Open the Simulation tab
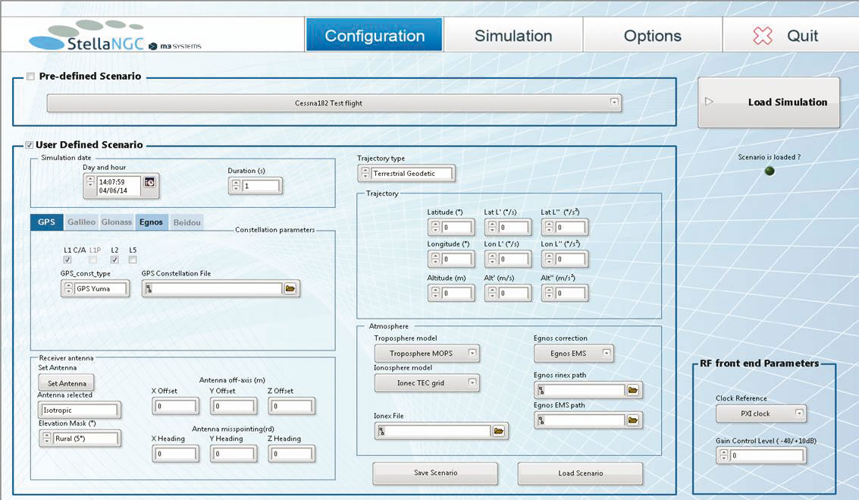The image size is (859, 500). click(513, 35)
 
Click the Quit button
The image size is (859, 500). click(791, 35)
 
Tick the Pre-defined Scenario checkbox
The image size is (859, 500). click(30, 76)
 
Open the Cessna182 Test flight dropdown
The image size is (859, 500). click(334, 102)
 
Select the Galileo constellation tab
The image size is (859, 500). click(81, 222)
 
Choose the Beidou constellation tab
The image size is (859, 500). click(187, 222)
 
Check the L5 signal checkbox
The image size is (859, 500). click(133, 259)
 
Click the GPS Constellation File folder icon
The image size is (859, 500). click(290, 288)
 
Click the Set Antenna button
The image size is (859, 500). click(66, 383)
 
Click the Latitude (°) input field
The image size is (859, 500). click(456, 227)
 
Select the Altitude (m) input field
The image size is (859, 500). click(456, 294)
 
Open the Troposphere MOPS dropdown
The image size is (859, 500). click(427, 354)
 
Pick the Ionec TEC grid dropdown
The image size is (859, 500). click(427, 382)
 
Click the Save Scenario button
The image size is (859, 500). click(435, 473)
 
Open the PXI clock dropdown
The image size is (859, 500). click(761, 414)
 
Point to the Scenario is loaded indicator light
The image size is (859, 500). click(770, 171)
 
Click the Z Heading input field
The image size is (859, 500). click(291, 454)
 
